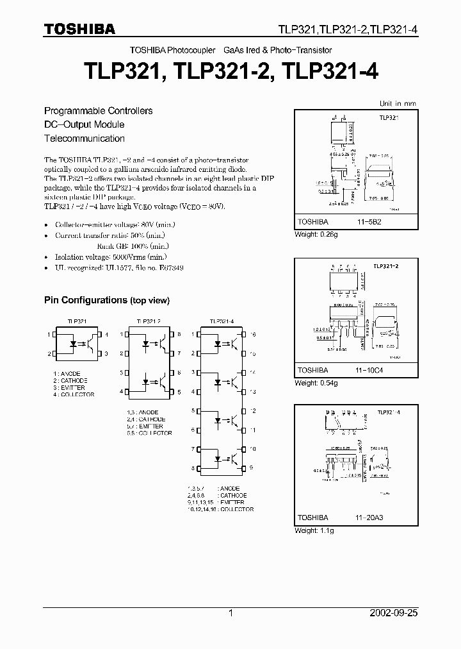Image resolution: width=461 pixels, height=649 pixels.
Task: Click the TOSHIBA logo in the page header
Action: [79, 28]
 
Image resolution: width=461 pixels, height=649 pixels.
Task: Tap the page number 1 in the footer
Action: [231, 613]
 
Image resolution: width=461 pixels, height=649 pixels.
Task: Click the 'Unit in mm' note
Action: [397, 103]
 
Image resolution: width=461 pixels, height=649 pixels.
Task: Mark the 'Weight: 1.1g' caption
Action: [314, 530]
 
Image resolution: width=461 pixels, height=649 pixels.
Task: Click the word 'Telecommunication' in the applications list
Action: [84, 139]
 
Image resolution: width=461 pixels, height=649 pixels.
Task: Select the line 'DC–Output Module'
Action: [84, 124]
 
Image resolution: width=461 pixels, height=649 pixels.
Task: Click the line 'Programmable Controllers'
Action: [98, 110]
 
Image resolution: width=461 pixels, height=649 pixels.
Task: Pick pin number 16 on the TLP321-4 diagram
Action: [254, 335]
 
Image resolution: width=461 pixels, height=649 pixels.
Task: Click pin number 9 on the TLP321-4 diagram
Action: [252, 468]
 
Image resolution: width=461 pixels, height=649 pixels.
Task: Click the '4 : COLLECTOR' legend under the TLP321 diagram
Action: [74, 394]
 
